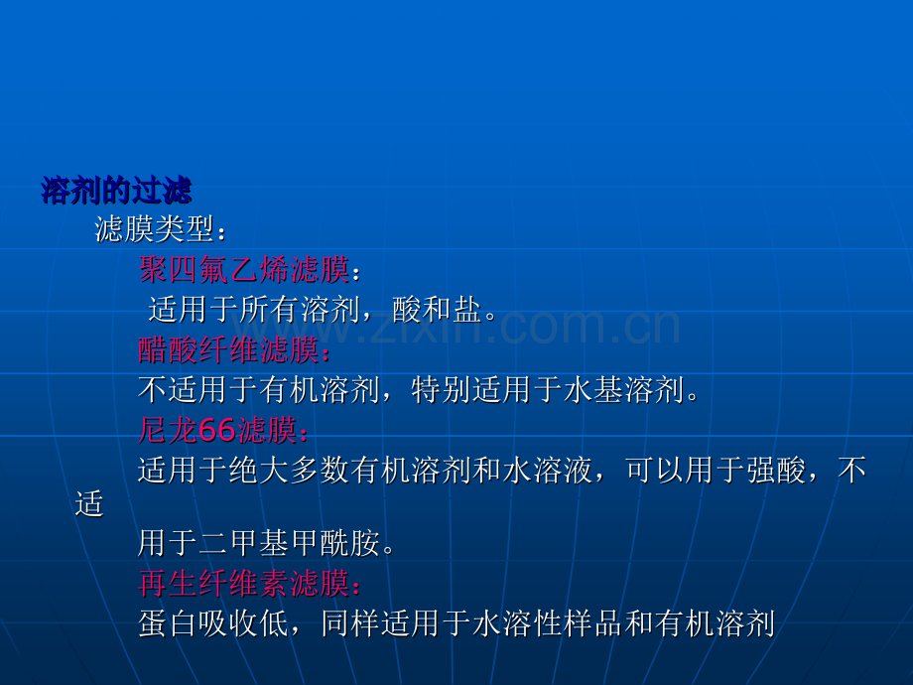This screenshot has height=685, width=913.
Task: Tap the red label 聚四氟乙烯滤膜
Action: pos(244,270)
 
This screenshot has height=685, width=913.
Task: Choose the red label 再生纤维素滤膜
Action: pos(244,583)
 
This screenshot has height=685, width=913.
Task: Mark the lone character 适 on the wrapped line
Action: pos(89,504)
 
